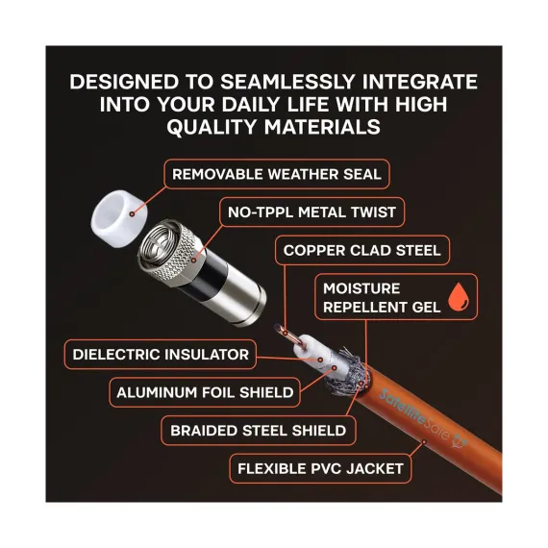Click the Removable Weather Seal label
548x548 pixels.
(x=277, y=174)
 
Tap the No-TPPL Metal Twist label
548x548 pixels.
(x=311, y=212)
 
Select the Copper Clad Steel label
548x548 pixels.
(x=362, y=250)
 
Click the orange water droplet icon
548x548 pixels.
(x=459, y=297)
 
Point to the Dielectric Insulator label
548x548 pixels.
(x=161, y=355)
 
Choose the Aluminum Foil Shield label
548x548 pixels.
(x=205, y=392)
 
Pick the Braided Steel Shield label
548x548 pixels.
(x=259, y=431)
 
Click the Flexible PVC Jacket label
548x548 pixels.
(x=320, y=468)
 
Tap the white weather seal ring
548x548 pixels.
(x=119, y=218)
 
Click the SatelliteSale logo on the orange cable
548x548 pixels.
(x=423, y=418)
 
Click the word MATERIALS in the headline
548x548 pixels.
(x=322, y=127)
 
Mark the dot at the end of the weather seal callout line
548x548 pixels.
(x=132, y=213)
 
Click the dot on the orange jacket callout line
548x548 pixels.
(x=424, y=442)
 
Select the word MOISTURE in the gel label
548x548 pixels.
(x=361, y=288)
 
